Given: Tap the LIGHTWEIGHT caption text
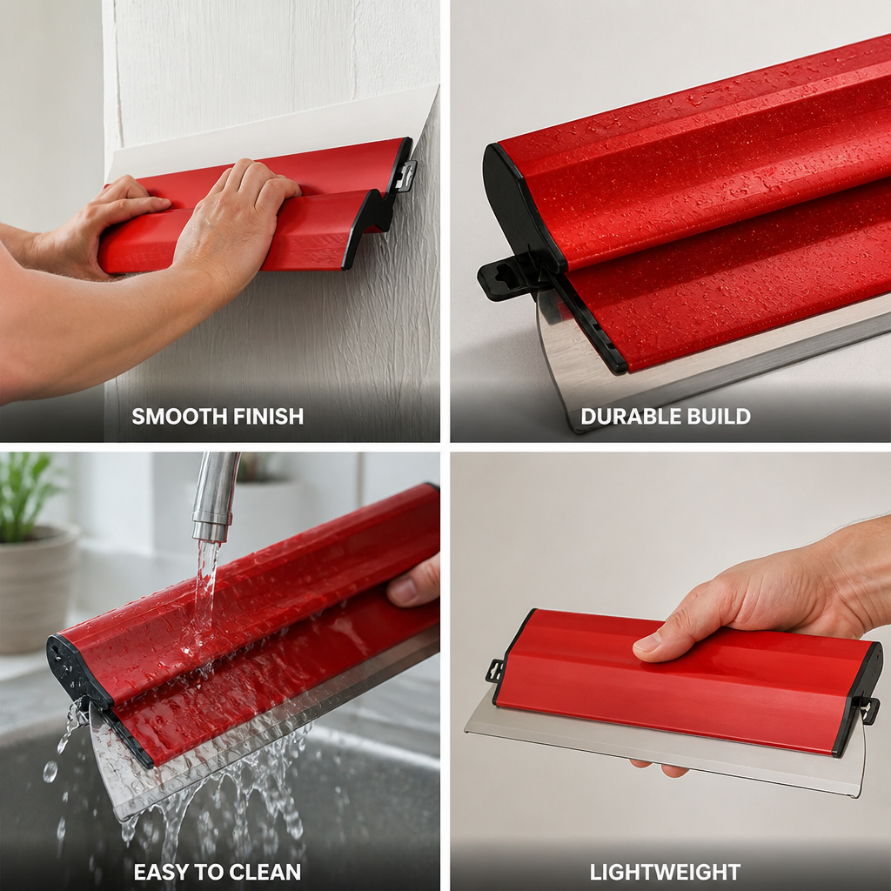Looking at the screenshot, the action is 665,872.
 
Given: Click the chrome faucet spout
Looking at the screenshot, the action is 214,495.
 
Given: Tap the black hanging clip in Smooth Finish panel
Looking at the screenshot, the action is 404,176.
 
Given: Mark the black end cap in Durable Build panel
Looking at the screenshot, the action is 520,205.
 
